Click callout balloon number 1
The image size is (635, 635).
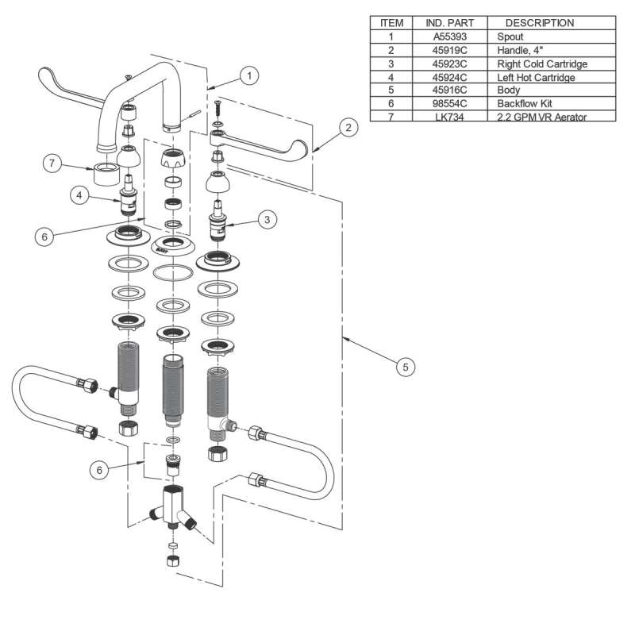coord(249,76)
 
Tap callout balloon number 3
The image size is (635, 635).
coord(269,219)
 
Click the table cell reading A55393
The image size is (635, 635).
coord(449,37)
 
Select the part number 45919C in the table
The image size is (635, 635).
coord(449,50)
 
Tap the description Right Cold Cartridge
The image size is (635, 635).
coord(541,63)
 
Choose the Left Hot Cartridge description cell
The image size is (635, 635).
coord(536,77)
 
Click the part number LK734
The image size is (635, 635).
coord(449,117)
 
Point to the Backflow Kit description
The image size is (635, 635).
coord(525,104)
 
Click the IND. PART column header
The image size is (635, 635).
coord(449,23)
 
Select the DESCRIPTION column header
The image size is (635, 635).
coord(540,23)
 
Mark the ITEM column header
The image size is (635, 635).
coord(392,23)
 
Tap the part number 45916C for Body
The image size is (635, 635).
coord(449,90)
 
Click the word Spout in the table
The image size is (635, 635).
coord(510,37)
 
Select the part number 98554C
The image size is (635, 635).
coord(449,104)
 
